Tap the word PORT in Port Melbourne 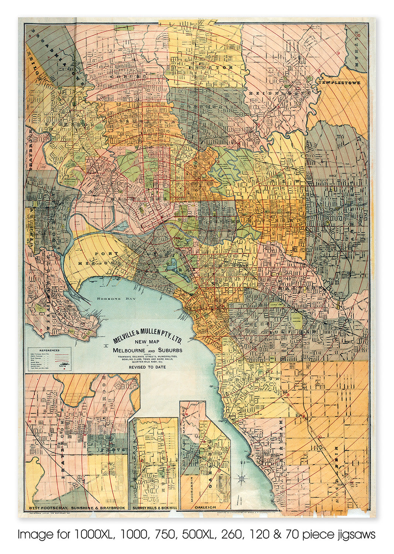pyautogui.click(x=106, y=254)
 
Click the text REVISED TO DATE pyautogui.click(x=147, y=367)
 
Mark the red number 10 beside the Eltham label pyautogui.click(x=359, y=35)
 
